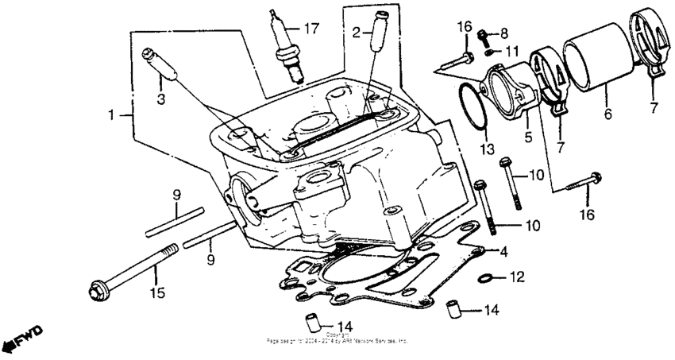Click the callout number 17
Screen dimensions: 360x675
(310, 29)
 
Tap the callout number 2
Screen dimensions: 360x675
(357, 32)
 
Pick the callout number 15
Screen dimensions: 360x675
(157, 294)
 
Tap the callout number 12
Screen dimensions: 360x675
(518, 278)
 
